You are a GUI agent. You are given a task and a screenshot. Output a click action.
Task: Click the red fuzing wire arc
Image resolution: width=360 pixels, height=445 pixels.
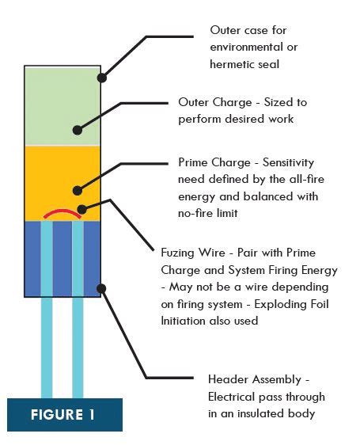pyautogui.click(x=63, y=211)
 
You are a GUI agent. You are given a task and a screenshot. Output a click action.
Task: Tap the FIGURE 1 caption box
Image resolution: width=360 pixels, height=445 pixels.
pyautogui.click(x=65, y=415)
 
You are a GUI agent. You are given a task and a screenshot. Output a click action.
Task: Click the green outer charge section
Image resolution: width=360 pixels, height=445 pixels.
pyautogui.click(x=63, y=106)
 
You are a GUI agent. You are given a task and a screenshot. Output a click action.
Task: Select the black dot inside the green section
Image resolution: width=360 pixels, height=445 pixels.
pyautogui.click(x=78, y=131)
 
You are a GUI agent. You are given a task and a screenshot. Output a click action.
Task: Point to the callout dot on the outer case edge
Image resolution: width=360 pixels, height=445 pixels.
pyautogui.click(x=102, y=78)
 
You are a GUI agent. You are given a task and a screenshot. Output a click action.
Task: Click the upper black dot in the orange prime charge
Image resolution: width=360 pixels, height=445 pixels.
pyautogui.click(x=78, y=190)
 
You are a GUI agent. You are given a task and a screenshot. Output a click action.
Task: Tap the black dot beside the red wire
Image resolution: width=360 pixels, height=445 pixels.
pyautogui.click(x=81, y=210)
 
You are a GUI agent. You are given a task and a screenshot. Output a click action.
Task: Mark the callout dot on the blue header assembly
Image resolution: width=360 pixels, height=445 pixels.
pyautogui.click(x=101, y=288)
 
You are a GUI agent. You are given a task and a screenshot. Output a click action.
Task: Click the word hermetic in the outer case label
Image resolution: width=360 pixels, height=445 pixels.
pyautogui.click(x=233, y=64)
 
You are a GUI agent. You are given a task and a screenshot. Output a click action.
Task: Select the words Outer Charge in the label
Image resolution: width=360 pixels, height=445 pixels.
pyautogui.click(x=215, y=102)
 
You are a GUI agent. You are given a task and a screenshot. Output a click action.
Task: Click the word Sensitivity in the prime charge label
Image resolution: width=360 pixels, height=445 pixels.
pyautogui.click(x=288, y=162)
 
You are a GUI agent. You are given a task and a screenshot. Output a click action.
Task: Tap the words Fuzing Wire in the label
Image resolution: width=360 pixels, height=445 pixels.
pyautogui.click(x=193, y=253)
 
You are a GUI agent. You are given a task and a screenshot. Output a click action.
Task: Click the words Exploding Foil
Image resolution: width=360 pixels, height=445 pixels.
pyautogui.click(x=291, y=304)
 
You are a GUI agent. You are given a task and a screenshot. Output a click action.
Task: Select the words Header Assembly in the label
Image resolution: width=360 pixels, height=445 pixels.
pyautogui.click(x=255, y=379)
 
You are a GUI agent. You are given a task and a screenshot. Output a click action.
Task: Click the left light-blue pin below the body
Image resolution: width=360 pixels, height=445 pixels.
pyautogui.click(x=47, y=348)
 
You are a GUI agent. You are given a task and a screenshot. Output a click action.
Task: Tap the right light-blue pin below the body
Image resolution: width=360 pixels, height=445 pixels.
pyautogui.click(x=78, y=348)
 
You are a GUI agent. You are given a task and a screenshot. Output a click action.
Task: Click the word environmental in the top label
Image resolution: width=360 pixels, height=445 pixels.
pyautogui.click(x=246, y=47)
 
